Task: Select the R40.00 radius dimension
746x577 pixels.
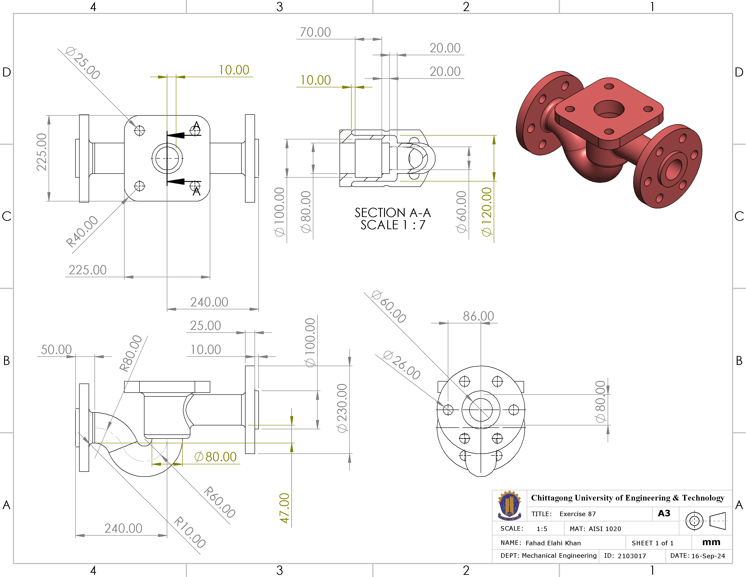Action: [x=82, y=231]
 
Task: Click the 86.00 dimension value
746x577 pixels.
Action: [x=478, y=316]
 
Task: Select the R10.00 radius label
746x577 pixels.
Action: [x=190, y=532]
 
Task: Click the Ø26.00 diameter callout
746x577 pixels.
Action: [x=402, y=365]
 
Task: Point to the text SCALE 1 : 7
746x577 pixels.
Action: [x=393, y=225]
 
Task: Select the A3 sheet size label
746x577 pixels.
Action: [x=664, y=513]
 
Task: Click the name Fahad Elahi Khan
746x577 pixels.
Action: [x=553, y=543]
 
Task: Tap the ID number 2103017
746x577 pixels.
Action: [x=632, y=556]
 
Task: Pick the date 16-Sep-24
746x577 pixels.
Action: [x=708, y=556]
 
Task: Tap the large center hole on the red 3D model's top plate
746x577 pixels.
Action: [x=609, y=109]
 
